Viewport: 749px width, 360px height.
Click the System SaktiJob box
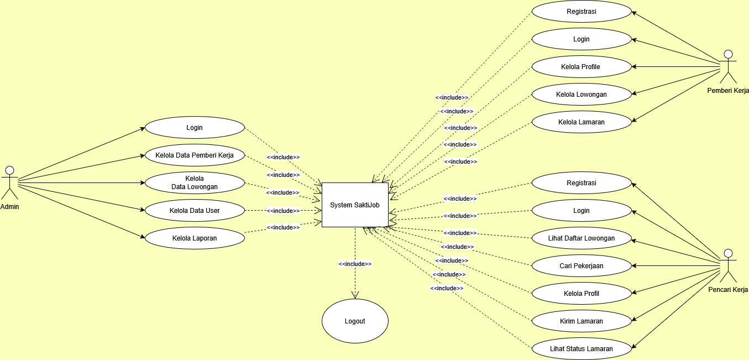pyautogui.click(x=355, y=205)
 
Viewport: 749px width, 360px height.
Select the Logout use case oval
pyautogui.click(x=355, y=321)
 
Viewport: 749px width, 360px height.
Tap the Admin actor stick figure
pyautogui.click(x=9, y=182)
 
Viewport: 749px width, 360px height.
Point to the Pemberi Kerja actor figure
pyautogui.click(x=728, y=66)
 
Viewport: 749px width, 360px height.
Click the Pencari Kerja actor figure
pyautogui.click(x=728, y=265)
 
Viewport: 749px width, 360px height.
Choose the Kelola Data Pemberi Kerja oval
pyautogui.click(x=194, y=155)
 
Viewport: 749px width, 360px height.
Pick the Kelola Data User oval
pyautogui.click(x=194, y=211)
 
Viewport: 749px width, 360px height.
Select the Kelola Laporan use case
pyautogui.click(x=194, y=238)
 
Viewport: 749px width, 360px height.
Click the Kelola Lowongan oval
pyautogui.click(x=581, y=95)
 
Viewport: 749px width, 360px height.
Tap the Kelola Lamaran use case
pyautogui.click(x=581, y=122)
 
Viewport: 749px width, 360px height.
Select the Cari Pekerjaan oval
pyautogui.click(x=581, y=266)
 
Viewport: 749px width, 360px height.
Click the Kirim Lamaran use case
pyautogui.click(x=581, y=321)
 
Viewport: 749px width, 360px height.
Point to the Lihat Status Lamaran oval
pyautogui.click(x=581, y=349)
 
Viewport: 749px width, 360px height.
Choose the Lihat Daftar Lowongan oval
pyautogui.click(x=581, y=238)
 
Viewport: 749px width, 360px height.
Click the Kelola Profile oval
pyautogui.click(x=581, y=67)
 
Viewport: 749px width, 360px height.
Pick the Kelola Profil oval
pyautogui.click(x=581, y=294)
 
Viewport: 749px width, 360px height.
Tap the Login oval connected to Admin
pyautogui.click(x=194, y=128)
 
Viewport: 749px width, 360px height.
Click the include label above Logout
pyautogui.click(x=355, y=264)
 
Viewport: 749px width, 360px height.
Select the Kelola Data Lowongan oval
pyautogui.click(x=194, y=183)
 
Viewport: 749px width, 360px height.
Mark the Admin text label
pyautogui.click(x=9, y=206)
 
